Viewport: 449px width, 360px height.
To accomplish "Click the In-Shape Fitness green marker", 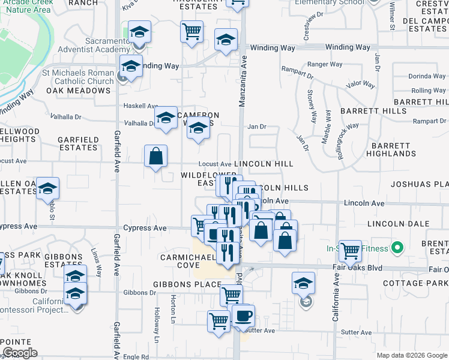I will click(x=396, y=247).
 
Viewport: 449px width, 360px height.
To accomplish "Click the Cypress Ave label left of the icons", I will click(x=145, y=228).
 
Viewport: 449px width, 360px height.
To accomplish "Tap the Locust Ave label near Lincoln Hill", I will click(x=215, y=164).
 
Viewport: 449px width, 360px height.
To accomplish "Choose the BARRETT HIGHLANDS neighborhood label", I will click(x=391, y=149).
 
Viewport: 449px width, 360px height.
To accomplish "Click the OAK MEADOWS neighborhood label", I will click(x=79, y=91).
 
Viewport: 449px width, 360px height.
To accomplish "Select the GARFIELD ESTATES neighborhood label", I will click(x=77, y=143).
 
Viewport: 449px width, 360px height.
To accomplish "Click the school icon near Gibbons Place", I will click(x=304, y=282).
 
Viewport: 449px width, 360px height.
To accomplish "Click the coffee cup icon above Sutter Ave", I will click(x=243, y=316).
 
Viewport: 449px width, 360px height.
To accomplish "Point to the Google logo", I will click(x=20, y=352).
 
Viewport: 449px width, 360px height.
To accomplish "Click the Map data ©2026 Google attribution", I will click(x=412, y=356).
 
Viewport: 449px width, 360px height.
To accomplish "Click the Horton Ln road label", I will click(x=173, y=306).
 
